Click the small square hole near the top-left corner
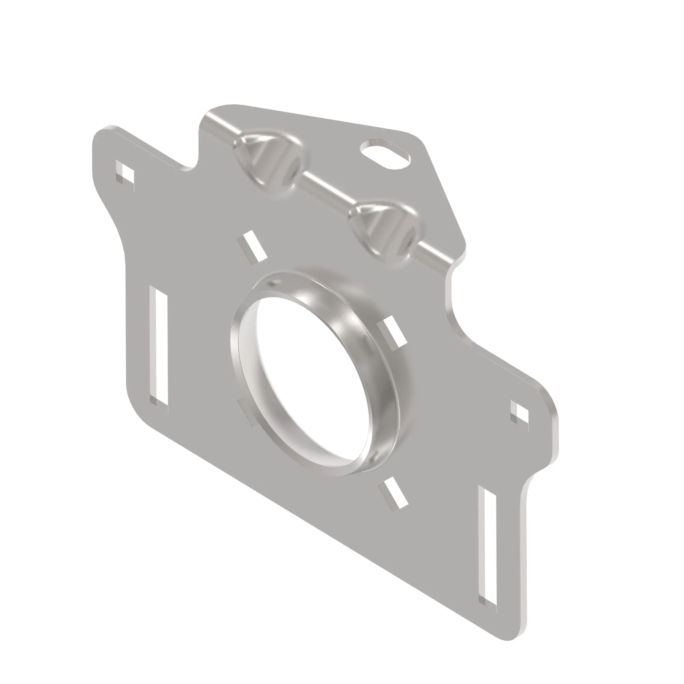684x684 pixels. [125, 172]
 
